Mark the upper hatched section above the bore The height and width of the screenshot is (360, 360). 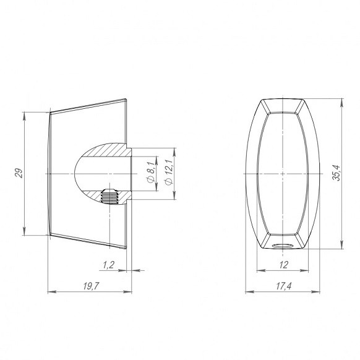(x=109, y=150)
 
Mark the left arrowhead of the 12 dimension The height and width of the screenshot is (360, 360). (x=260, y=270)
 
